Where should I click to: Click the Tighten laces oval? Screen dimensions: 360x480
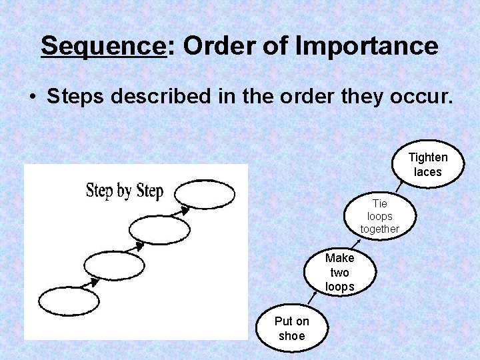427,164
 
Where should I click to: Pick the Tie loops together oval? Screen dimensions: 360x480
380,216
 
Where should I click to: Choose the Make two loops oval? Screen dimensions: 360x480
339,272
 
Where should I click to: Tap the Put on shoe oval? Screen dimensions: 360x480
292,328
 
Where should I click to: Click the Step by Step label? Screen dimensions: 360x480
125,191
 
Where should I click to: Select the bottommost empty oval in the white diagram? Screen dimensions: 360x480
69,301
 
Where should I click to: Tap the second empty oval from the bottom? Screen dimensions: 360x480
115,265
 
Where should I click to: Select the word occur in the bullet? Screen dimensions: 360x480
422,96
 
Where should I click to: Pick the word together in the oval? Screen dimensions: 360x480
380,229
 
